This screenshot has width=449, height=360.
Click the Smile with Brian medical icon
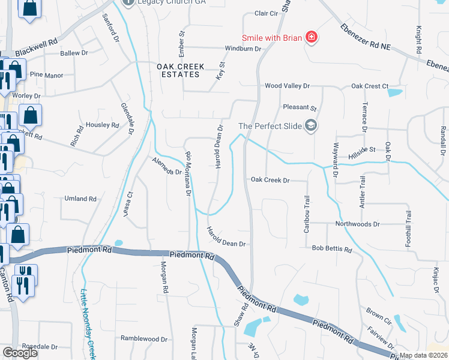311,38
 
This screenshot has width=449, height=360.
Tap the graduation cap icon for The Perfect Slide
310,125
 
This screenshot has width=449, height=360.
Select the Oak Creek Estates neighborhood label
181,70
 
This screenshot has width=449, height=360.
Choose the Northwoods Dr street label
358,224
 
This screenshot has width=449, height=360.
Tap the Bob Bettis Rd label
331,248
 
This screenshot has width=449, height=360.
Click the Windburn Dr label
243,49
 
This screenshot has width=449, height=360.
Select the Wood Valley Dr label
287,86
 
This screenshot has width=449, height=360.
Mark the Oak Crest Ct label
370,86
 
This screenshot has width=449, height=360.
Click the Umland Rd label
80,199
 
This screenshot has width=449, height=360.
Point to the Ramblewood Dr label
143,338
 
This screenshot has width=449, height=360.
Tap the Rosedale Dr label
40,347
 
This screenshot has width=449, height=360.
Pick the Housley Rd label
103,125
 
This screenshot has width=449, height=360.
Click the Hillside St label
362,149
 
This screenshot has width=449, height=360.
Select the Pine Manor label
46,75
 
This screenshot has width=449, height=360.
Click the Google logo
20,353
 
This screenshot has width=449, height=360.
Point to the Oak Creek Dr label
270,180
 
